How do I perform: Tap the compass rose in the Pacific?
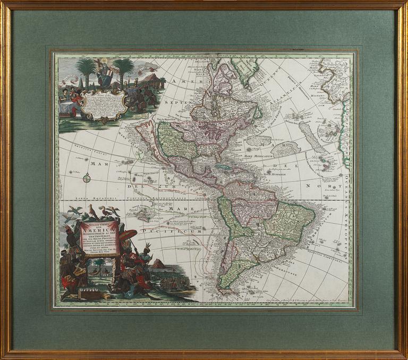point(87,179)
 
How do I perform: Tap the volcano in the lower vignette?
point(159,264)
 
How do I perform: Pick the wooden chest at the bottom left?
point(89,293)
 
